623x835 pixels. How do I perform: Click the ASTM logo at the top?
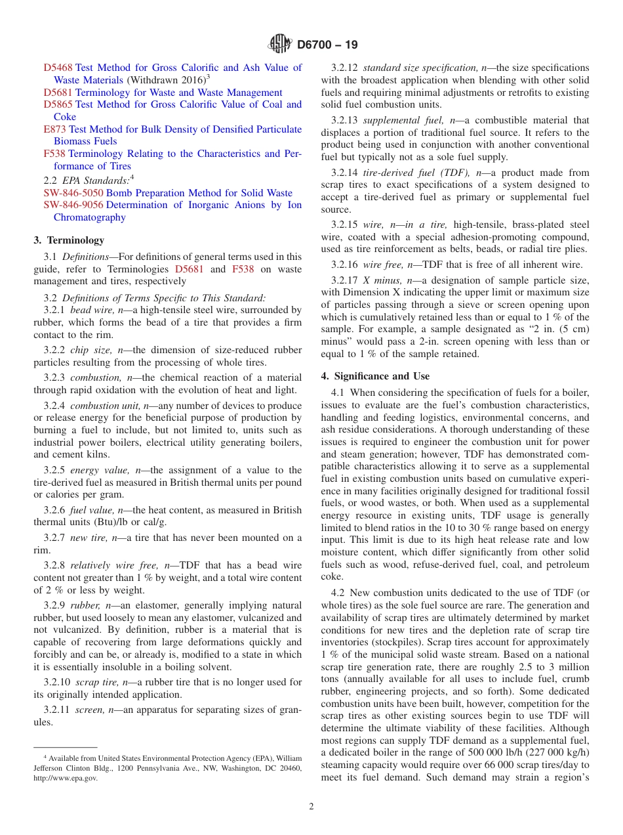point(280,45)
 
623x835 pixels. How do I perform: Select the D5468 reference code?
point(58,68)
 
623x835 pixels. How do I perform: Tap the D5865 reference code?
point(58,104)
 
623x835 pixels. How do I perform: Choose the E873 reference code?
point(54,129)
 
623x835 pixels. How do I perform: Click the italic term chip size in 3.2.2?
point(91,351)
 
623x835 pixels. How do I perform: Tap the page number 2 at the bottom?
point(311,807)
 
